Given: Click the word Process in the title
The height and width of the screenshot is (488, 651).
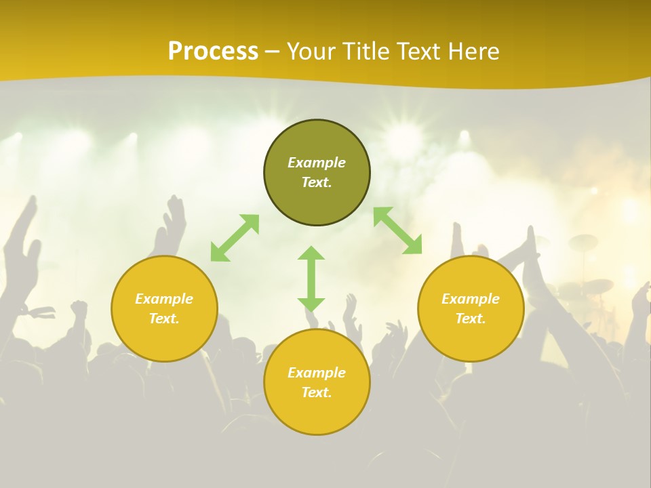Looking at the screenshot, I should click(213, 52).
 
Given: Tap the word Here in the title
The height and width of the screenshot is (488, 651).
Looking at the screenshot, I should click(473, 52).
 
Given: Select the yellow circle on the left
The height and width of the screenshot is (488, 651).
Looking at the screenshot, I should click(164, 339).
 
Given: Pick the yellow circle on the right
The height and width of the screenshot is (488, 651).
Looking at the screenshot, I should click(471, 339).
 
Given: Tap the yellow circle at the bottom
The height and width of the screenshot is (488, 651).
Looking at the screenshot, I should click(317, 413).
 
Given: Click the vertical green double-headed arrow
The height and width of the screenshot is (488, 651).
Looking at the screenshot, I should click(311, 279).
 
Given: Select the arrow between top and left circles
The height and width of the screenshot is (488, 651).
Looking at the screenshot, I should click(235, 238).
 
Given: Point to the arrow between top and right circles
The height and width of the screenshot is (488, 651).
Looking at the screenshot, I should click(398, 230).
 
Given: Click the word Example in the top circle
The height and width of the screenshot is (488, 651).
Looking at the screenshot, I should click(317, 163).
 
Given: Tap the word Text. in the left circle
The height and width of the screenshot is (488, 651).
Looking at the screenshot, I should click(164, 319).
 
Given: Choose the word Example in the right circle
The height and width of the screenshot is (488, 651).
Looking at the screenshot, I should click(471, 299).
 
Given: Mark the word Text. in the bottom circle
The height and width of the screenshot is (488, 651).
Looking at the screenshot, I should click(317, 392).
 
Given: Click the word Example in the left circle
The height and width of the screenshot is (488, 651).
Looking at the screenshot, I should click(164, 299).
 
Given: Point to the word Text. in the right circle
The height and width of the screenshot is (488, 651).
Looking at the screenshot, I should click(471, 319).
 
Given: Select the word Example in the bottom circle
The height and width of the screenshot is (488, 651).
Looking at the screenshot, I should click(317, 373).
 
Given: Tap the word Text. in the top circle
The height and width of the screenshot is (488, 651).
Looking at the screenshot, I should click(317, 182).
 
